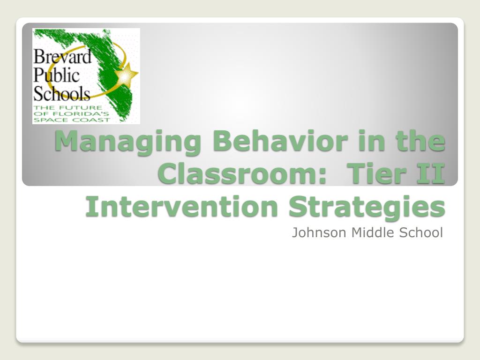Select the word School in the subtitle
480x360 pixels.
click(421, 232)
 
